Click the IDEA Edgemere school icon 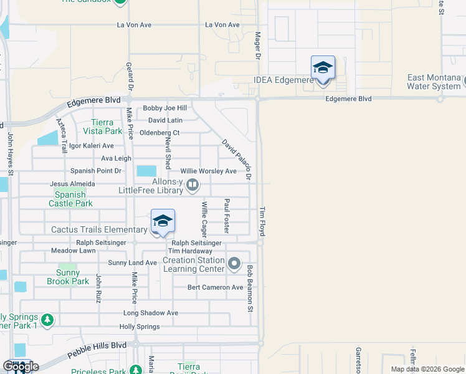(x=323, y=67)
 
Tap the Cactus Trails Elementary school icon (x=163, y=221)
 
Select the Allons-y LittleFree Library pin (x=193, y=184)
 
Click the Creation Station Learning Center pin (x=234, y=264)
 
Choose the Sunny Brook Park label (x=68, y=277)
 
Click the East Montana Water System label (x=434, y=82)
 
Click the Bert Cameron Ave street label (x=216, y=287)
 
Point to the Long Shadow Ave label (x=151, y=313)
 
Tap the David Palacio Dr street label (x=237, y=160)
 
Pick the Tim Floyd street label (x=262, y=221)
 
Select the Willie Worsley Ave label (x=209, y=171)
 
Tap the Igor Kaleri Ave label (x=91, y=146)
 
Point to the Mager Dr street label (x=257, y=46)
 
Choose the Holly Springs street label (x=140, y=327)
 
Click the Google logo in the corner (x=21, y=367)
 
